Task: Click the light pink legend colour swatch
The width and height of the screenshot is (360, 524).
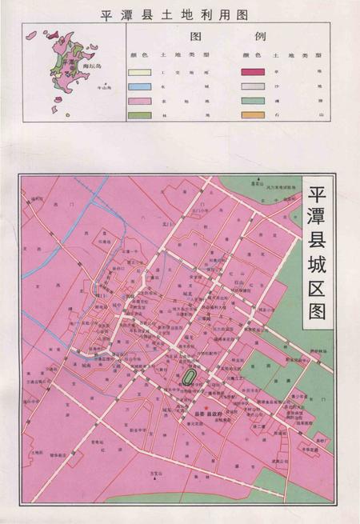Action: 138,101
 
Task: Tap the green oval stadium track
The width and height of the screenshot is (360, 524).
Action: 190,375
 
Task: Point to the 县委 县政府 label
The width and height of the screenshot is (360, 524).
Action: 206,414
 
